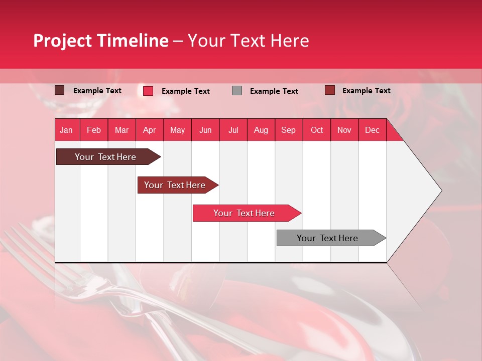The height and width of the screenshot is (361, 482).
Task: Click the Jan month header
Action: click(66, 130)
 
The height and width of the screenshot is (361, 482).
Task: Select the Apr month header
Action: click(149, 130)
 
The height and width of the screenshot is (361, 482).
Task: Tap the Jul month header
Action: click(233, 130)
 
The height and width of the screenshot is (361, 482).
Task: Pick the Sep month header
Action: click(288, 130)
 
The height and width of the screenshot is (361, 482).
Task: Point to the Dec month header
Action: click(372, 130)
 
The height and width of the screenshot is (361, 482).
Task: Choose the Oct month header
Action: click(317, 130)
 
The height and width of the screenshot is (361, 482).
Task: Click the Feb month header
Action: click(94, 130)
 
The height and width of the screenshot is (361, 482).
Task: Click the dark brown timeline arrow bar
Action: click(105, 157)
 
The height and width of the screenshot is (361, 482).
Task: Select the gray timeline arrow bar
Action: click(327, 238)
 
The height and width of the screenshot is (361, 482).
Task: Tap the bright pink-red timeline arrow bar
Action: click(244, 213)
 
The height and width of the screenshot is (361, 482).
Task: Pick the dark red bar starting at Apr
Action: click(175, 185)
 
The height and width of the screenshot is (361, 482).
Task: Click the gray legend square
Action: click(237, 90)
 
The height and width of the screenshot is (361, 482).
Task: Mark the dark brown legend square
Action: click(59, 90)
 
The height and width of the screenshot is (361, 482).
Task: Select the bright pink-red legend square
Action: click(148, 91)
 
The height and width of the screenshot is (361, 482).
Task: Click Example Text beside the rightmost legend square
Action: click(366, 90)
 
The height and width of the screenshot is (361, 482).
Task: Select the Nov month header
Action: click(344, 130)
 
